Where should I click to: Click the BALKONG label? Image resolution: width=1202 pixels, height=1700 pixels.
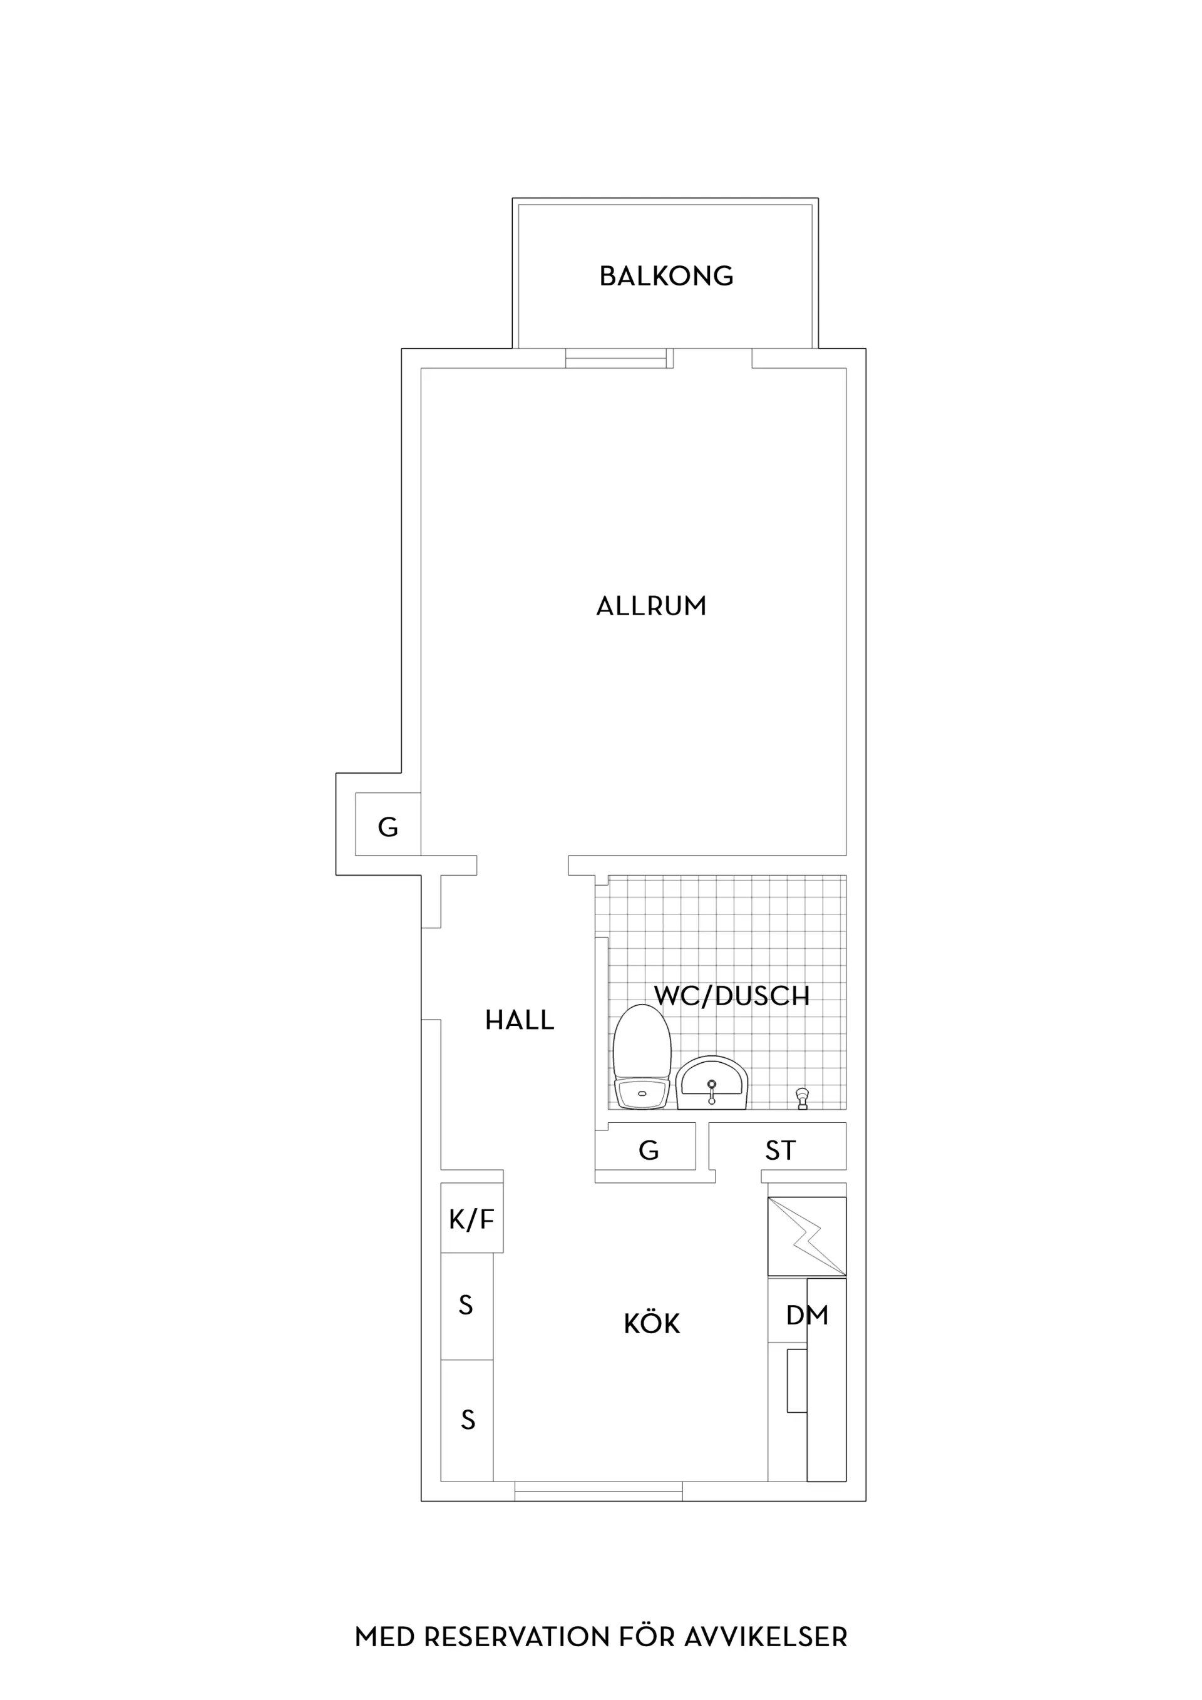(x=666, y=276)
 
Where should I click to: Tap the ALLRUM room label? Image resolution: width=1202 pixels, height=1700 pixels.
(x=652, y=607)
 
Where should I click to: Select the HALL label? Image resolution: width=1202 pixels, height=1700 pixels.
(x=519, y=1020)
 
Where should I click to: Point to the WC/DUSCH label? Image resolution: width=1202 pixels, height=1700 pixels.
(x=732, y=996)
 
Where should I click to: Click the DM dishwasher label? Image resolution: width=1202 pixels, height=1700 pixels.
(x=807, y=1315)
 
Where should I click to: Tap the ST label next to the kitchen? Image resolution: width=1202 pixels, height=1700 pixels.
(x=781, y=1150)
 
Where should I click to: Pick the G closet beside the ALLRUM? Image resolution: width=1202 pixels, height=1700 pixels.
(x=388, y=824)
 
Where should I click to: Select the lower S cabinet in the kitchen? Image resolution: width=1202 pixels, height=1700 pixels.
(x=466, y=1421)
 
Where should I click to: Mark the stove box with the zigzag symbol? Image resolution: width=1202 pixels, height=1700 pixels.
(x=806, y=1236)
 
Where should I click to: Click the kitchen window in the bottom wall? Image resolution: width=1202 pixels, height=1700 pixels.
(x=598, y=1491)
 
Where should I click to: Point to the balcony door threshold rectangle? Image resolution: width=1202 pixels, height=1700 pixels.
(x=616, y=359)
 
